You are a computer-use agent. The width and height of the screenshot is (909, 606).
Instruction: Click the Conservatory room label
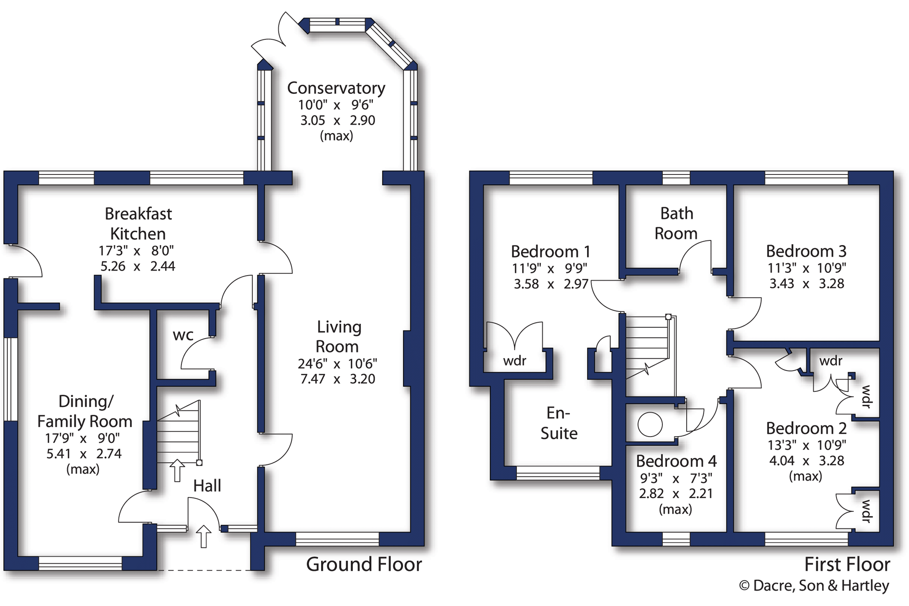[336, 88]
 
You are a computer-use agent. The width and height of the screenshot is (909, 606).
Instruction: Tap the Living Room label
[338, 337]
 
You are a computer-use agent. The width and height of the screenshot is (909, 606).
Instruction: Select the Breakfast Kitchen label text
[138, 224]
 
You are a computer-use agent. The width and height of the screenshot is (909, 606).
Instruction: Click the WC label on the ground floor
[183, 335]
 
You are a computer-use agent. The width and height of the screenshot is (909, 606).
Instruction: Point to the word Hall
[207, 486]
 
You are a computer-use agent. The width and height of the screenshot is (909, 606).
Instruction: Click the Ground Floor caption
[364, 565]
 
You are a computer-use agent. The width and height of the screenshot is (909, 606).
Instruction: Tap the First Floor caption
[847, 565]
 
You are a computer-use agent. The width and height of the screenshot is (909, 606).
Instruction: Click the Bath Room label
[676, 223]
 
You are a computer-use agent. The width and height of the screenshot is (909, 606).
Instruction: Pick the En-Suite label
[559, 423]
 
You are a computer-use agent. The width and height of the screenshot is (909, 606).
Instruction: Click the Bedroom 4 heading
[676, 461]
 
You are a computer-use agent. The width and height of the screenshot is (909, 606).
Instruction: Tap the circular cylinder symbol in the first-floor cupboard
[650, 424]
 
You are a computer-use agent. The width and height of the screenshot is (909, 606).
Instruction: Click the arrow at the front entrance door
[204, 536]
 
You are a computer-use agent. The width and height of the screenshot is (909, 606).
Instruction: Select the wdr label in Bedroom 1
[515, 361]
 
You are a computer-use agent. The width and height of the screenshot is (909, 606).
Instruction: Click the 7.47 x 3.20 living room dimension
[338, 379]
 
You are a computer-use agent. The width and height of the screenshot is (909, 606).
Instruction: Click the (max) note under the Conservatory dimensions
[336, 136]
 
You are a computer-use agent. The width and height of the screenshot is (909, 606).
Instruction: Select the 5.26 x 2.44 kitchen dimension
[138, 266]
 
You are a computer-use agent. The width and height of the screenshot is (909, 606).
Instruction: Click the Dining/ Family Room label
[85, 411]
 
